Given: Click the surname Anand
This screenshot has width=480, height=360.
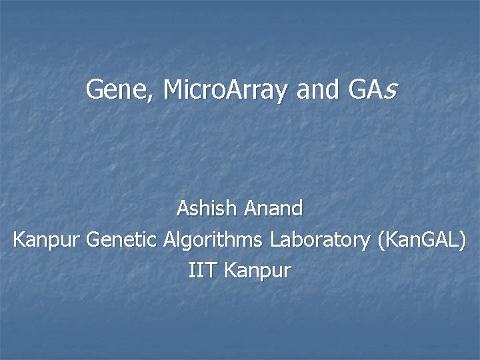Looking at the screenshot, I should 273,209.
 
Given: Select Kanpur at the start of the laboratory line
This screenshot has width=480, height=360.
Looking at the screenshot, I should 47,240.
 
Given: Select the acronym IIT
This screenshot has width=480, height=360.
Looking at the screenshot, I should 202,271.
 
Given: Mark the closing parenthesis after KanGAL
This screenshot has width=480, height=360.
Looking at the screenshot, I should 463,241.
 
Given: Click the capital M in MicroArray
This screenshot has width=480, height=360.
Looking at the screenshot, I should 173,89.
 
